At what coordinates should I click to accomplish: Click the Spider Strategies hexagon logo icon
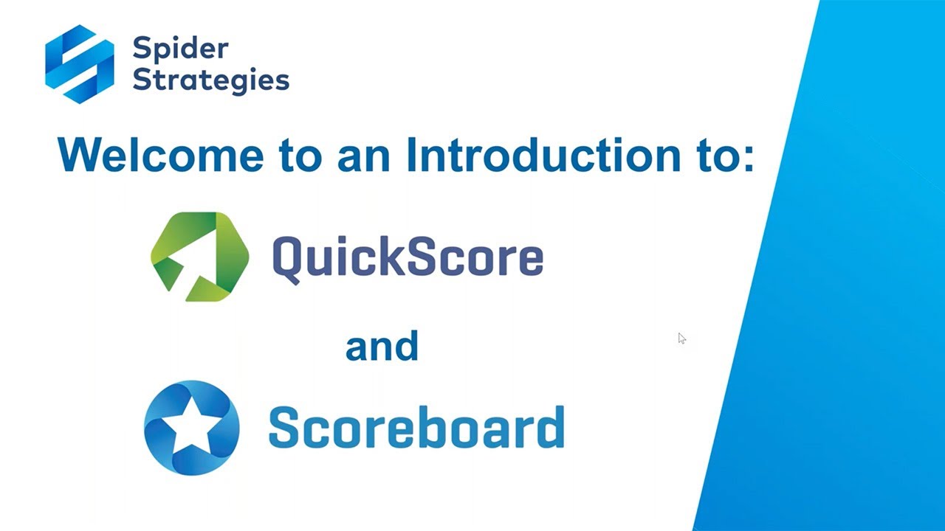tap(80, 63)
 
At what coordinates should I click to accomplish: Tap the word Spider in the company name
tap(181, 49)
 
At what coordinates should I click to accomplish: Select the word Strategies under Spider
tap(210, 80)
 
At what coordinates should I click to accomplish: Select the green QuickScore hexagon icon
tap(199, 257)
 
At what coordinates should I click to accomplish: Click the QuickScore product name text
tap(408, 257)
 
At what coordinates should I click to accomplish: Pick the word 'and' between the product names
tap(382, 346)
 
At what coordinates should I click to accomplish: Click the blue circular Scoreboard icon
tap(192, 427)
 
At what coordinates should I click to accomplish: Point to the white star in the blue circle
tap(192, 428)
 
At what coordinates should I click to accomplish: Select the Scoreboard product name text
tap(416, 427)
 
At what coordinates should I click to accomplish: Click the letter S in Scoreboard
tap(284, 428)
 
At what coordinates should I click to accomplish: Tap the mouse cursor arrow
tap(681, 338)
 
